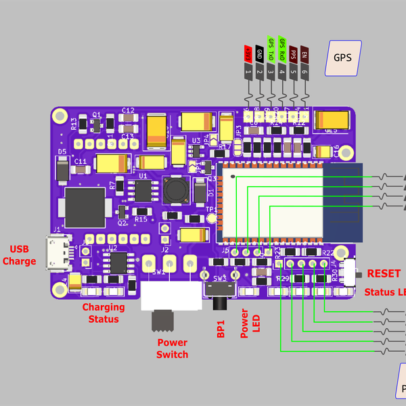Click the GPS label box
click(343, 57)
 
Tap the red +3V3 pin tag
click(248, 53)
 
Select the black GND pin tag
click(259, 53)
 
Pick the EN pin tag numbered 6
click(304, 53)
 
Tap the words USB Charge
click(20, 255)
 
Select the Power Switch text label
click(172, 348)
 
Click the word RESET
click(384, 273)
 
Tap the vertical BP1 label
click(221, 328)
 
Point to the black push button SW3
click(221, 290)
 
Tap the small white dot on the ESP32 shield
click(234, 177)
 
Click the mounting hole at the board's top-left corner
click(60, 116)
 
